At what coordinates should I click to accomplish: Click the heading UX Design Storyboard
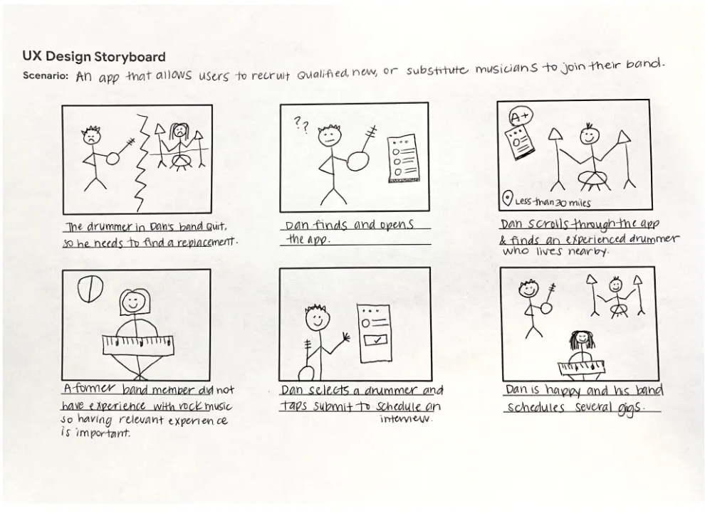(94, 57)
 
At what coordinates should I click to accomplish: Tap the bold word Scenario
(45, 75)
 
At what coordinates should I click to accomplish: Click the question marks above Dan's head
(301, 125)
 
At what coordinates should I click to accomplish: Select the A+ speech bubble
(521, 117)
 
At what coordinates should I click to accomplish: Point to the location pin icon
(507, 198)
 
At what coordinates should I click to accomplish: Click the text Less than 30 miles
(553, 202)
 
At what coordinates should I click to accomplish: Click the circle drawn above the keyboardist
(90, 289)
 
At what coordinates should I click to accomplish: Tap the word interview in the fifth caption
(406, 419)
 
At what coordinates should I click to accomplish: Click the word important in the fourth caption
(103, 433)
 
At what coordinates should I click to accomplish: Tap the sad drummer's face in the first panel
(179, 131)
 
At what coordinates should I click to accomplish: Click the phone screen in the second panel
(404, 159)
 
